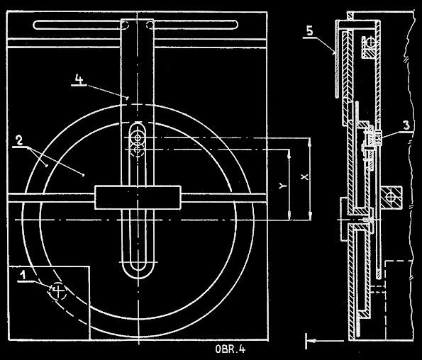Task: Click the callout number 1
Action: pos(23,275)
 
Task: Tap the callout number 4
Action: pos(79,79)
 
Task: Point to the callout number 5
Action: pos(310,31)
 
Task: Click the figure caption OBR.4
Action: pos(231,349)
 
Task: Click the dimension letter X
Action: pos(304,176)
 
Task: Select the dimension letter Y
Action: pos(282,186)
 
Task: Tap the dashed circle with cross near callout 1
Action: pos(58,291)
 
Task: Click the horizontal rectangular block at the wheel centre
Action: pos(138,197)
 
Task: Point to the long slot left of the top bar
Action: pos(77,25)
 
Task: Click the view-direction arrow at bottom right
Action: pos(323,341)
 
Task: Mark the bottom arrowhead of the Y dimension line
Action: pos(289,215)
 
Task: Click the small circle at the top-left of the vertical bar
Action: pos(125,25)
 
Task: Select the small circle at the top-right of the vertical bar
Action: pos(150,25)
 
